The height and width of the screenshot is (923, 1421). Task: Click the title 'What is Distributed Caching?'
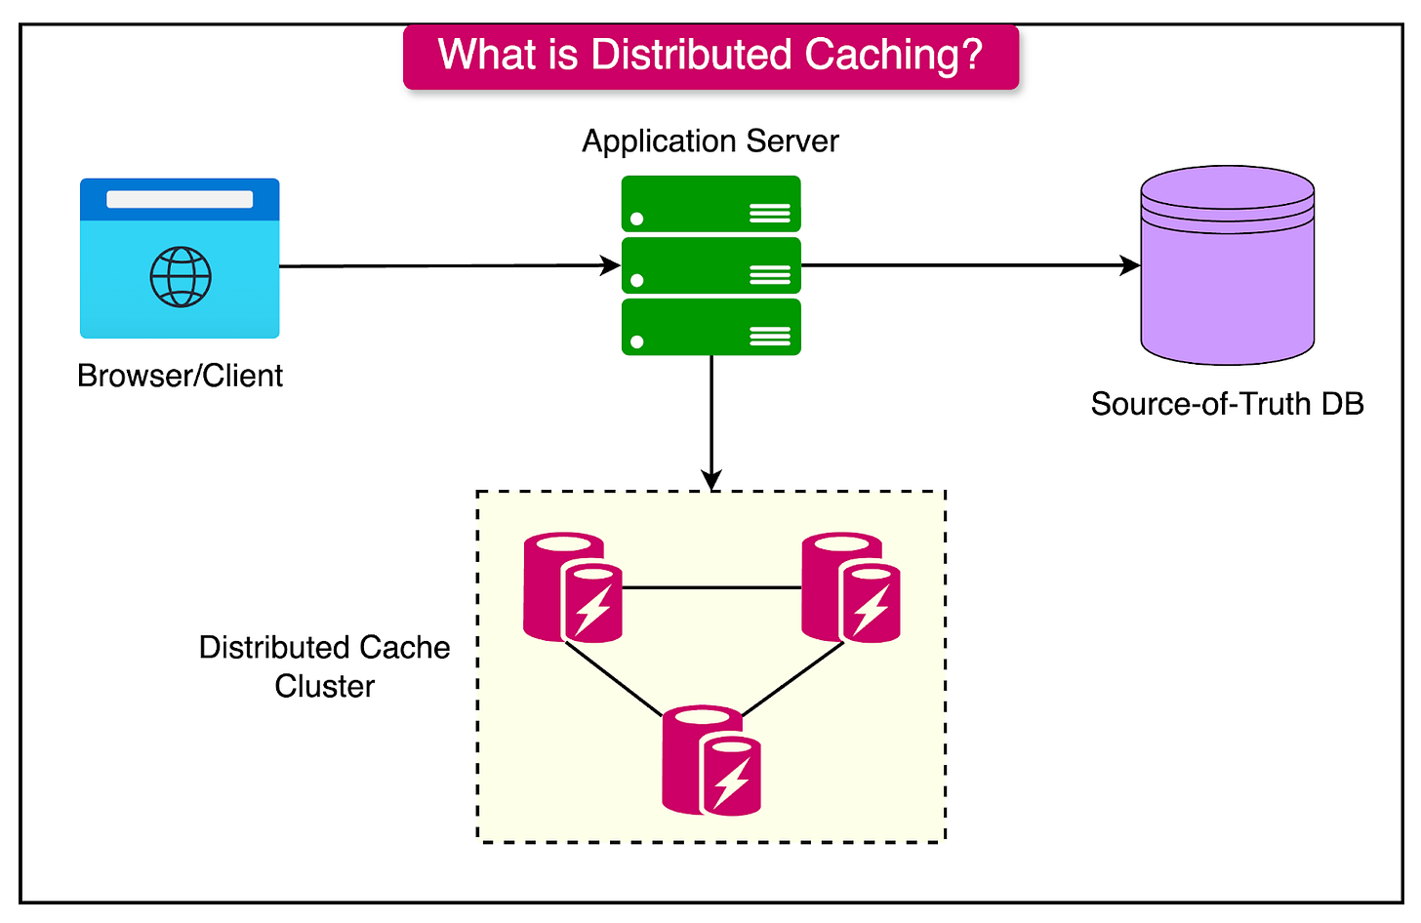710,56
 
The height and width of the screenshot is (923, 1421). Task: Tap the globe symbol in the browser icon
181,276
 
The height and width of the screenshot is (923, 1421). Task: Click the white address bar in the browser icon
180,199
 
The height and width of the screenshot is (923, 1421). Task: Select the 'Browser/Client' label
180,376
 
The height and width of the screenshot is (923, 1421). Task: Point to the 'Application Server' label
710,141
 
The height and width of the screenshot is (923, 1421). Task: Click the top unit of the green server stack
710,204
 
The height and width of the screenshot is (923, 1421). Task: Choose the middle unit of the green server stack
710,265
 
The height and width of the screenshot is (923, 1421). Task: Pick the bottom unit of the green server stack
710,327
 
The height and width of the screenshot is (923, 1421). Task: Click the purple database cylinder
1227,273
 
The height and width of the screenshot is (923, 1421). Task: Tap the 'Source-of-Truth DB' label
1227,404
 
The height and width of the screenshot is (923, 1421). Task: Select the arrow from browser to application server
449,265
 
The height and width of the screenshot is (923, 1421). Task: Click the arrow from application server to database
970,264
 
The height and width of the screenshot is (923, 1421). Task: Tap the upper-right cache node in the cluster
850,587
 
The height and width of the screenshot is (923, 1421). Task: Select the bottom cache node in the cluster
711,761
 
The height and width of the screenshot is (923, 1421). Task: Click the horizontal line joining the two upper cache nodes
711,587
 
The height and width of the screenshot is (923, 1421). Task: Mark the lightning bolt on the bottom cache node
732,781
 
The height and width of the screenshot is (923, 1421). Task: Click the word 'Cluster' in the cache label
324,686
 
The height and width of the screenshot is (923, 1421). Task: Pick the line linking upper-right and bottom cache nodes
792,679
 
